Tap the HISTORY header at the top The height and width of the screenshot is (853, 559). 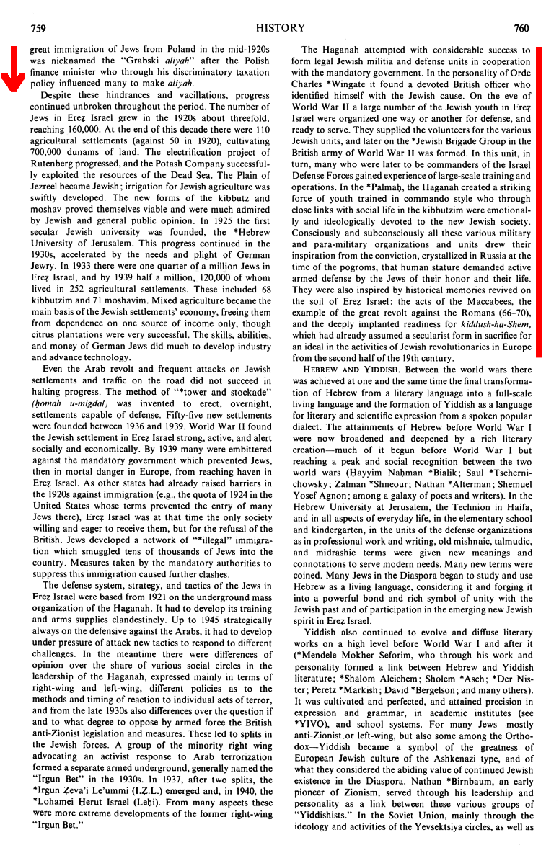pos(281,28)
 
